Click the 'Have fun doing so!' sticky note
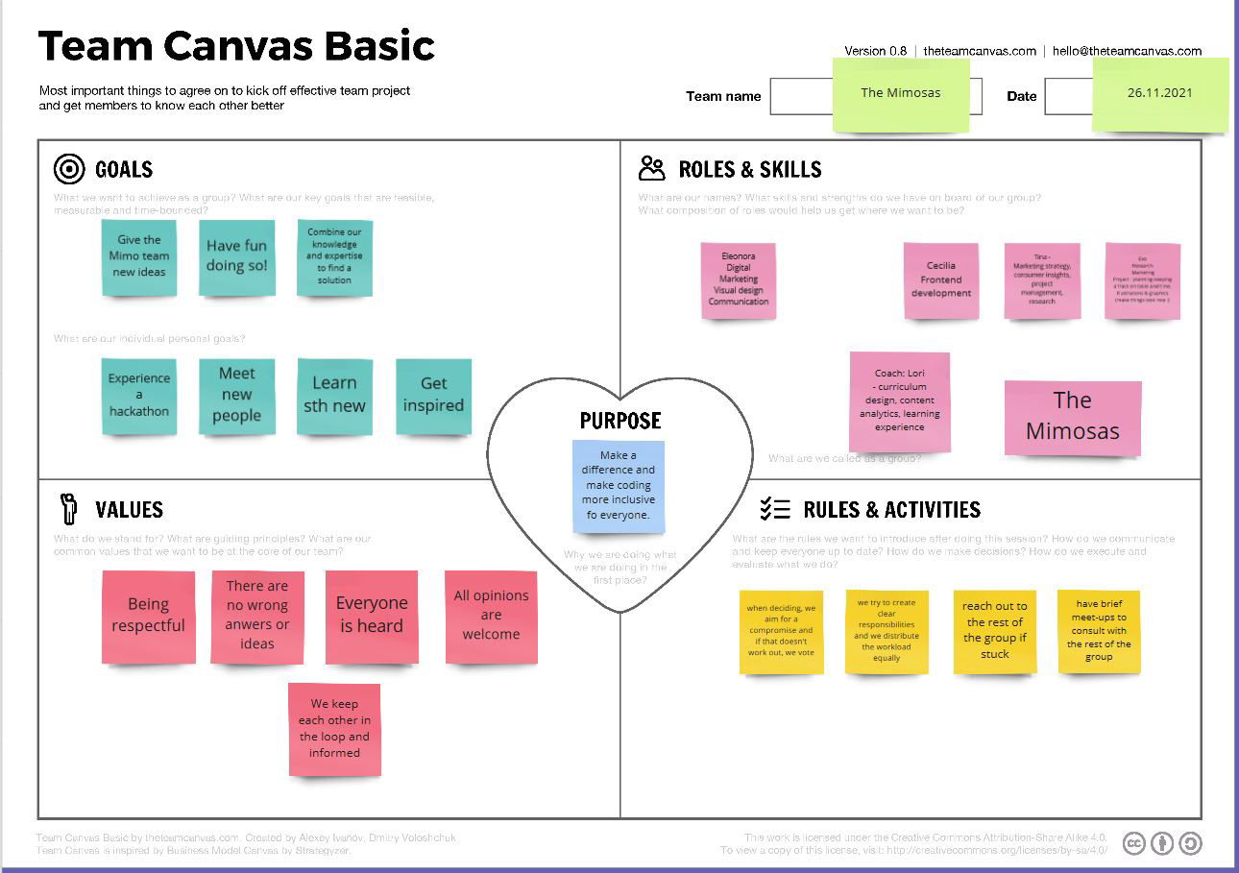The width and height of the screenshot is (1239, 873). coord(237,257)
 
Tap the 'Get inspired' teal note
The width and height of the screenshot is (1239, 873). coord(433,396)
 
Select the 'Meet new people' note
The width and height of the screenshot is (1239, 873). coord(236,395)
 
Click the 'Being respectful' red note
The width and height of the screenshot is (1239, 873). coord(148,617)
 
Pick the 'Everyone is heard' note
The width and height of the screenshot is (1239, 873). coord(372,617)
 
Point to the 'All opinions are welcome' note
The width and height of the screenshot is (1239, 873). coord(491,617)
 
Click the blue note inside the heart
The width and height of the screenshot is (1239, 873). coord(619,486)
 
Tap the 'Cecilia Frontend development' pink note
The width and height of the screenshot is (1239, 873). coord(941,280)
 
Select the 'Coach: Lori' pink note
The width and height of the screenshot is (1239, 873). coord(900,401)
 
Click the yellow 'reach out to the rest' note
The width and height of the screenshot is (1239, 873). coord(994,631)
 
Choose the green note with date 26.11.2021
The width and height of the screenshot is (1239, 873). coord(1160,94)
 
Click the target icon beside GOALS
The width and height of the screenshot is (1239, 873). coord(69,170)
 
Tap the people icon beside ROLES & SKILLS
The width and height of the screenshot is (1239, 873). coord(651,169)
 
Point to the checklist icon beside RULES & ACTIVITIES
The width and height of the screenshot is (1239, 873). coord(774,509)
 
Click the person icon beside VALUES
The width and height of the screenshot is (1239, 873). coord(68,508)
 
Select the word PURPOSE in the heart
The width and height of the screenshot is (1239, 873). coord(620,421)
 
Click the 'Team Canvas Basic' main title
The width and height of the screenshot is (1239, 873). coord(236,46)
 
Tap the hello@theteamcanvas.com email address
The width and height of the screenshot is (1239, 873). coord(1127,51)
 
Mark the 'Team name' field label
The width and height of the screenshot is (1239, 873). coord(723,96)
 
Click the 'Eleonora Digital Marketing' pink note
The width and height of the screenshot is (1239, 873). coord(739,279)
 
